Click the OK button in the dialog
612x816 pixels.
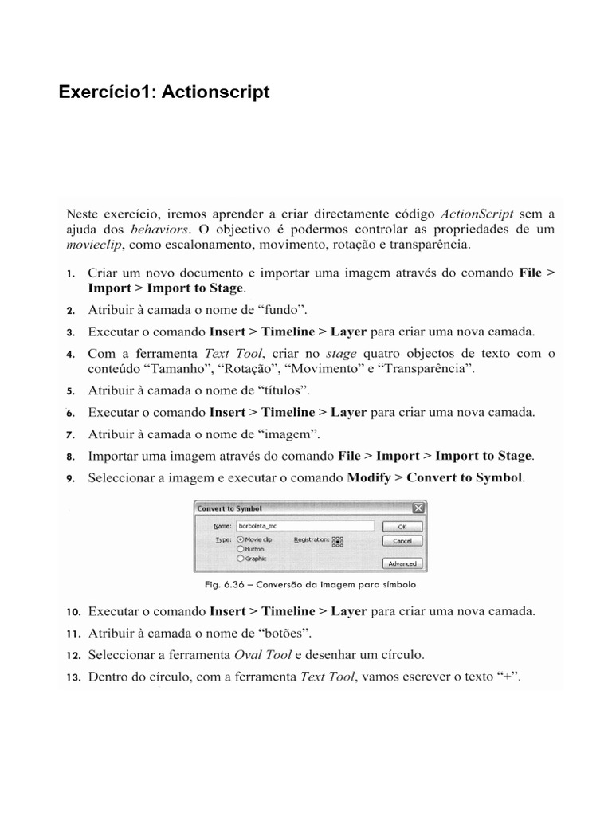(402, 527)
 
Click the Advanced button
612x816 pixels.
(402, 563)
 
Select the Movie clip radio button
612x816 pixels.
(241, 539)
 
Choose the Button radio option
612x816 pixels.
(241, 549)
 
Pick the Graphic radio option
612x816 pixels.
(241, 559)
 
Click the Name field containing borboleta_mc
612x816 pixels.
(304, 526)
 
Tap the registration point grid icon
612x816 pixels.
(337, 540)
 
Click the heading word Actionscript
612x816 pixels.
(216, 92)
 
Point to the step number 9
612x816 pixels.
(70, 479)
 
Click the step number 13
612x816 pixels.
(73, 678)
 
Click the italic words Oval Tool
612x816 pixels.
(261, 656)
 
